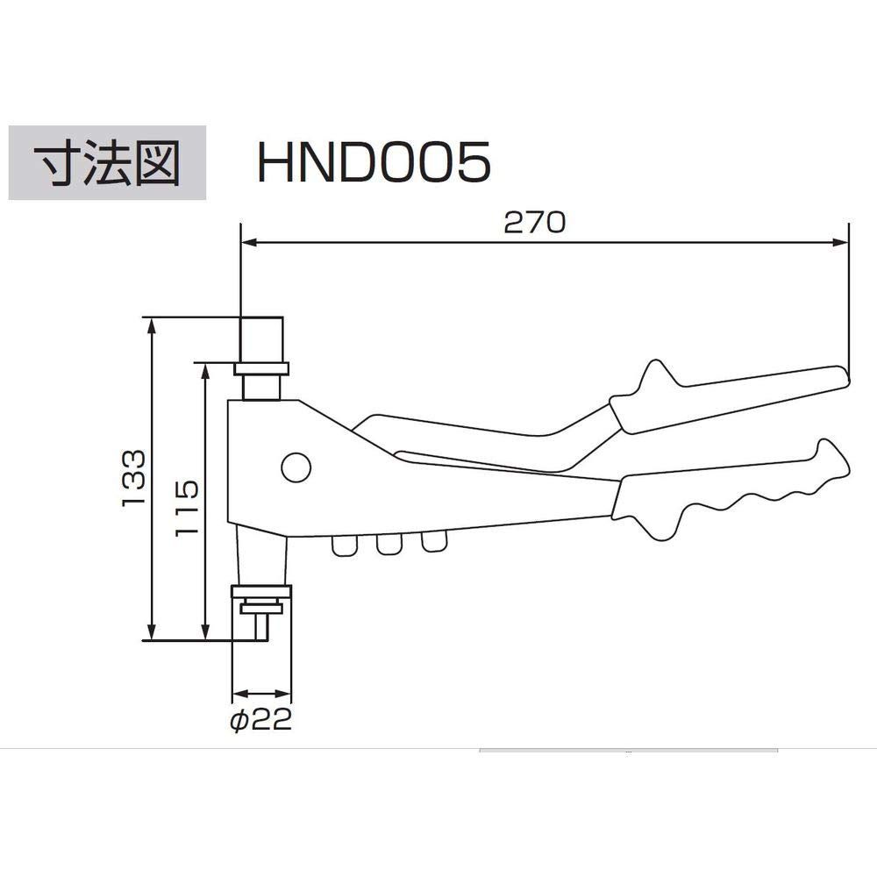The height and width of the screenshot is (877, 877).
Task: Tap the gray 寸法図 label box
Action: (x=107, y=162)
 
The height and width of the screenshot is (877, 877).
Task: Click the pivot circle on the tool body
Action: (x=296, y=467)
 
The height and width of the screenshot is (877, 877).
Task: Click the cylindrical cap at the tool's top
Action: (x=262, y=338)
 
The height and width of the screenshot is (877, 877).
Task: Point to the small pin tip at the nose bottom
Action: (x=260, y=625)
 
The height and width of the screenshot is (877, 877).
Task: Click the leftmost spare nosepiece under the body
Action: (x=345, y=546)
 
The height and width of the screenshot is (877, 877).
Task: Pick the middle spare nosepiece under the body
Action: (x=388, y=545)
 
